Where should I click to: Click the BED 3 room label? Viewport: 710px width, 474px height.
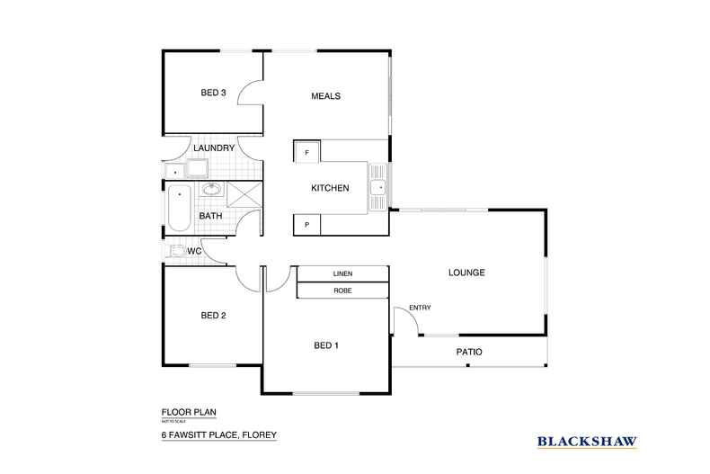(x=212, y=93)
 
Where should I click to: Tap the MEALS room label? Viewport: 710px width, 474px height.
(x=325, y=96)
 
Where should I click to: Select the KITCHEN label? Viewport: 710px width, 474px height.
(x=328, y=188)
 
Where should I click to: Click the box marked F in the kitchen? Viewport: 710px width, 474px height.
(x=306, y=152)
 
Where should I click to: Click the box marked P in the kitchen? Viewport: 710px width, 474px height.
(x=306, y=224)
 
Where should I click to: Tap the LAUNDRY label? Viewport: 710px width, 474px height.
(x=214, y=148)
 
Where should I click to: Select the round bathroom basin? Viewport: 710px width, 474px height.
(x=212, y=190)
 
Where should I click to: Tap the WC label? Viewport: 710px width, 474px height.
(x=194, y=251)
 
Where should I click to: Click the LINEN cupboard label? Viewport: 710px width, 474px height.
(x=342, y=273)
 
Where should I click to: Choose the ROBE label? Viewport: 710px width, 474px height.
(x=342, y=291)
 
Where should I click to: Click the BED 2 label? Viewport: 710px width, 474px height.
(x=212, y=315)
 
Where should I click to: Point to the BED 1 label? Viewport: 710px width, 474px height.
(x=325, y=345)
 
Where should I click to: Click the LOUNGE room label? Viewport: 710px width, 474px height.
(x=466, y=273)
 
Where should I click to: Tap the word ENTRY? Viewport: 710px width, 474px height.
(x=420, y=309)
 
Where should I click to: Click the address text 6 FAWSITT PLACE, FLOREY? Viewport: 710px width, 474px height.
(x=213, y=435)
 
